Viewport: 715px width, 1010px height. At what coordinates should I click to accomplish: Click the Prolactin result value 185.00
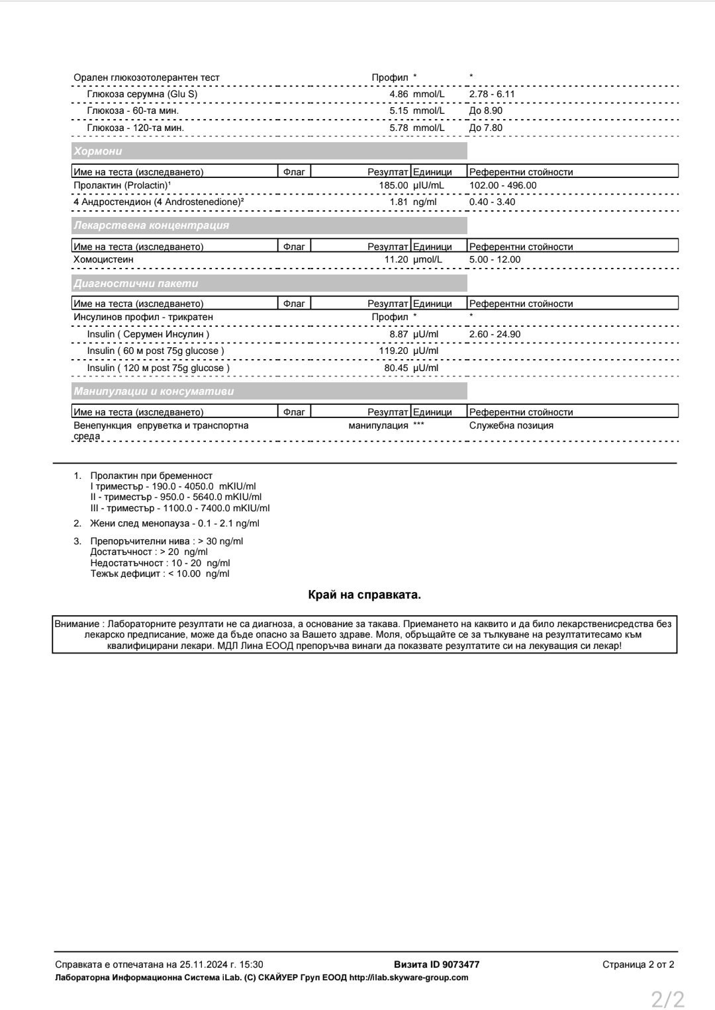pos(393,186)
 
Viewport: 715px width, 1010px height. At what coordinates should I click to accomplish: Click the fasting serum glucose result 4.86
pos(399,95)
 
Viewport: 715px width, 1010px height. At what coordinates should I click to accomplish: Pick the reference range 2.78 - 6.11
pos(492,95)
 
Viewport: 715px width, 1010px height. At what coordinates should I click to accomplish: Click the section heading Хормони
pos(98,151)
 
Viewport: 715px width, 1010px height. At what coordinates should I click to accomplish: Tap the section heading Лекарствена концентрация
pos(152,226)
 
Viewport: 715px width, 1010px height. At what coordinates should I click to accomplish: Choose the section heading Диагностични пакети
pos(136,284)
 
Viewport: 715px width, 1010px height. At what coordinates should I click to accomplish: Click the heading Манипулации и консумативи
pos(154,392)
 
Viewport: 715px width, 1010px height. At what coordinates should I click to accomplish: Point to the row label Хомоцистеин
pos(103,260)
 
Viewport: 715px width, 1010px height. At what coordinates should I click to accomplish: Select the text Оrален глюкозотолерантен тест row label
pos(146,78)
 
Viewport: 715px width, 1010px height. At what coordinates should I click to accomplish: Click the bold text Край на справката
pos(364,595)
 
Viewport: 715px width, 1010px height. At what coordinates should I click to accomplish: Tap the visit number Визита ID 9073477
pos(436,965)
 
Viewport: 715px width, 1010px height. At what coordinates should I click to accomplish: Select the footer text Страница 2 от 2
pos(638,965)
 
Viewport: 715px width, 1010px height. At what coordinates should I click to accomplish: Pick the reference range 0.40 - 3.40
pos(492,202)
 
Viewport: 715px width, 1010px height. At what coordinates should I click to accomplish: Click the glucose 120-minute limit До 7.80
pos(485,128)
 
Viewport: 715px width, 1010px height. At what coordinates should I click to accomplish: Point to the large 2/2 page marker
pos(667,998)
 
